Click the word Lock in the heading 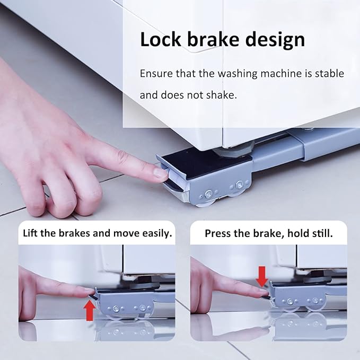[x=161, y=39]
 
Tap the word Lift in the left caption [x=30, y=233]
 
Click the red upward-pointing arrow [x=90, y=311]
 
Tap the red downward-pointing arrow [x=262, y=276]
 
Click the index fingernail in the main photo [x=161, y=173]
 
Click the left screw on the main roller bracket [x=208, y=194]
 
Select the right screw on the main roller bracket [x=239, y=183]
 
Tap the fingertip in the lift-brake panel [x=91, y=292]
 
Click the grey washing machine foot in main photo [x=233, y=149]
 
